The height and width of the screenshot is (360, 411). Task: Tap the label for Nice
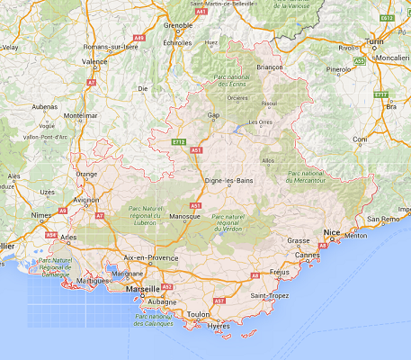pos(333,231)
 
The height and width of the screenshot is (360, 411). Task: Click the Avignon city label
pos(86,200)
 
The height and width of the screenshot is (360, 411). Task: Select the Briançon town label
pos(270,67)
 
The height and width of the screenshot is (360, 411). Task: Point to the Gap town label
pos(213,115)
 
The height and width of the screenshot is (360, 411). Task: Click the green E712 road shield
pos(178,141)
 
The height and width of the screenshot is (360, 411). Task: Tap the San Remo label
pos(386,219)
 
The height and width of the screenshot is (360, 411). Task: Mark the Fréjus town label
pos(279,271)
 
